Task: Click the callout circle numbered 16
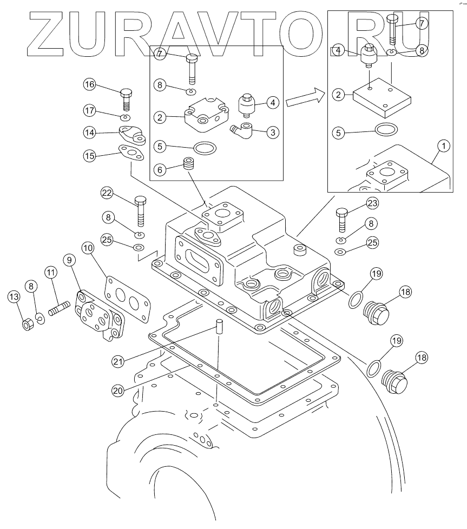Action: tap(90, 84)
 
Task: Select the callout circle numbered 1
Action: tap(444, 146)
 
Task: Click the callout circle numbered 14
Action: tap(90, 131)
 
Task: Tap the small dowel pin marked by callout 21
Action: tap(220, 327)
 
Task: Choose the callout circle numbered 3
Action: tap(272, 131)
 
